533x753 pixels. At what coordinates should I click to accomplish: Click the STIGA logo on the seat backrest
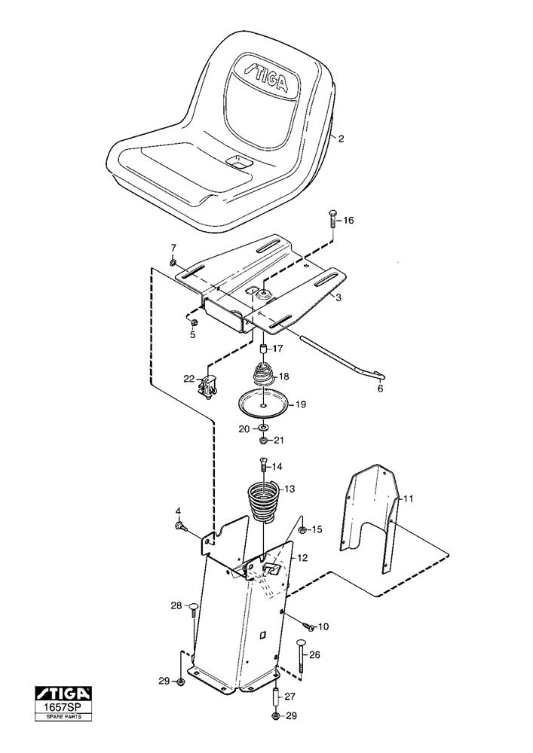pos(265,76)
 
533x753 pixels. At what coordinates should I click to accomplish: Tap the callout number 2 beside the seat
pos(341,139)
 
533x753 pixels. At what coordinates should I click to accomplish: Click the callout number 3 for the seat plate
pos(338,298)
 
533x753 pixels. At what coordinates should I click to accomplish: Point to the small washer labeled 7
pos(173,262)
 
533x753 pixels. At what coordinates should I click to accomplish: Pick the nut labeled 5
pos(192,322)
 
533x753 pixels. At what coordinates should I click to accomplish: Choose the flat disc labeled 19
pos(262,403)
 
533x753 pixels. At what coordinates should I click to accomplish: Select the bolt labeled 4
pos(181,526)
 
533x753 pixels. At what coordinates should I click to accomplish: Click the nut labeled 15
pos(302,530)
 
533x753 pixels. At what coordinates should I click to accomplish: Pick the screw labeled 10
pos(308,626)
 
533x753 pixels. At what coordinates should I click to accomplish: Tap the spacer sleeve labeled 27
pos(276,696)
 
